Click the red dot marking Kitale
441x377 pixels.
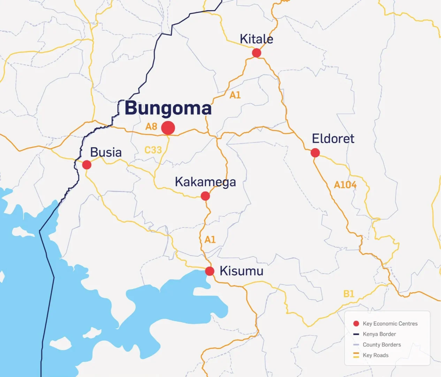coord(257,53)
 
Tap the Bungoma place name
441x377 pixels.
coord(168,108)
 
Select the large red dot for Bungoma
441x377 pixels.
coord(168,128)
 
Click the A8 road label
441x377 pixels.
coord(151,126)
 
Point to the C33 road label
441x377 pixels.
coord(153,150)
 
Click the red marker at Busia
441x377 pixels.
coord(86,165)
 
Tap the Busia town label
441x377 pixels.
coord(106,153)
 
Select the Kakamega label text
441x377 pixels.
coord(205,182)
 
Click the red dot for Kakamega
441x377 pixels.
coord(205,196)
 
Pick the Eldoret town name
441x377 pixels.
coord(333,139)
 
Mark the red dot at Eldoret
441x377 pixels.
coord(315,153)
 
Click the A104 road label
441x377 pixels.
coord(345,185)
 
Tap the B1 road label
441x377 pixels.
coord(349,294)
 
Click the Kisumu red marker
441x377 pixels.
coord(210,271)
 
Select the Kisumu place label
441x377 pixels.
coord(241,271)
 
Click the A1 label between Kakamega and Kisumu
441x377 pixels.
coord(210,240)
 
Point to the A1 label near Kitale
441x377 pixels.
coord(235,95)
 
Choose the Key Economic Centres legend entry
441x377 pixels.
coord(390,324)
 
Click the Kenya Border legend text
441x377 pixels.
coord(379,334)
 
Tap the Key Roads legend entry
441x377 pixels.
coord(375,355)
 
